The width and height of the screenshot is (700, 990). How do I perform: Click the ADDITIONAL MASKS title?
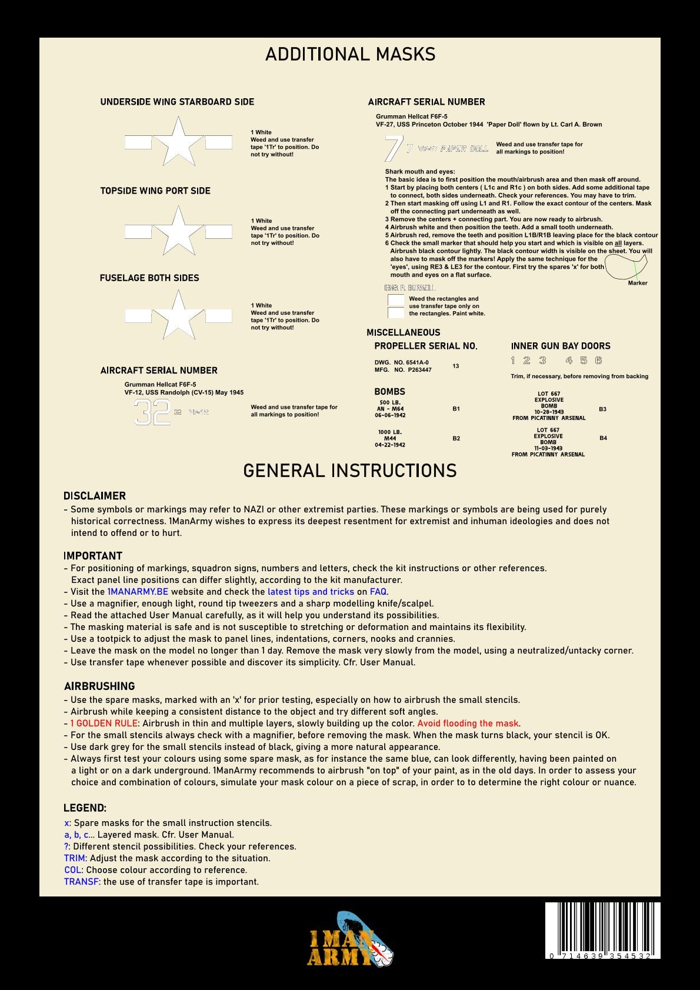click(x=350, y=54)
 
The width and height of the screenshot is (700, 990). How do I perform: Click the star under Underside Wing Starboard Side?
click(x=178, y=142)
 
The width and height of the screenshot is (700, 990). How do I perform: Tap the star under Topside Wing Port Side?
click(x=178, y=232)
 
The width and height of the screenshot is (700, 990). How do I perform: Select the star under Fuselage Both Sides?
click(x=178, y=316)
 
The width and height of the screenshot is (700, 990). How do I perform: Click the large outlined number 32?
click(x=152, y=412)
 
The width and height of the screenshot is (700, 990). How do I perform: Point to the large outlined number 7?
click(x=392, y=148)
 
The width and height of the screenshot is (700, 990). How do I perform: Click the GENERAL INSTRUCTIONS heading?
click(x=349, y=471)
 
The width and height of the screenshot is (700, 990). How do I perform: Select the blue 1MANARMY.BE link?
click(x=138, y=592)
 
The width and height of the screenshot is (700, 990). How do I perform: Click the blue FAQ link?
click(x=378, y=592)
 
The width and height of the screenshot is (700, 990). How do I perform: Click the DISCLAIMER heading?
click(x=94, y=496)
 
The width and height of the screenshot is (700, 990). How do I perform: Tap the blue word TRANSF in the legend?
click(x=81, y=882)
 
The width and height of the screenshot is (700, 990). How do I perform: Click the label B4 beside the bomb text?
click(x=603, y=438)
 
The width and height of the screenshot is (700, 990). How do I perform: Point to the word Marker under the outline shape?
click(x=637, y=283)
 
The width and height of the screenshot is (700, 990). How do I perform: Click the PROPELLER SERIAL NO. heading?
click(x=426, y=346)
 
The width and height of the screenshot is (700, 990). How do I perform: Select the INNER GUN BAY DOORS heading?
click(x=561, y=346)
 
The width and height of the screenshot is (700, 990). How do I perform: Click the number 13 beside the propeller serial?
click(x=456, y=366)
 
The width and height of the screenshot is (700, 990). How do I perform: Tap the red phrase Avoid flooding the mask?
click(x=468, y=724)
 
